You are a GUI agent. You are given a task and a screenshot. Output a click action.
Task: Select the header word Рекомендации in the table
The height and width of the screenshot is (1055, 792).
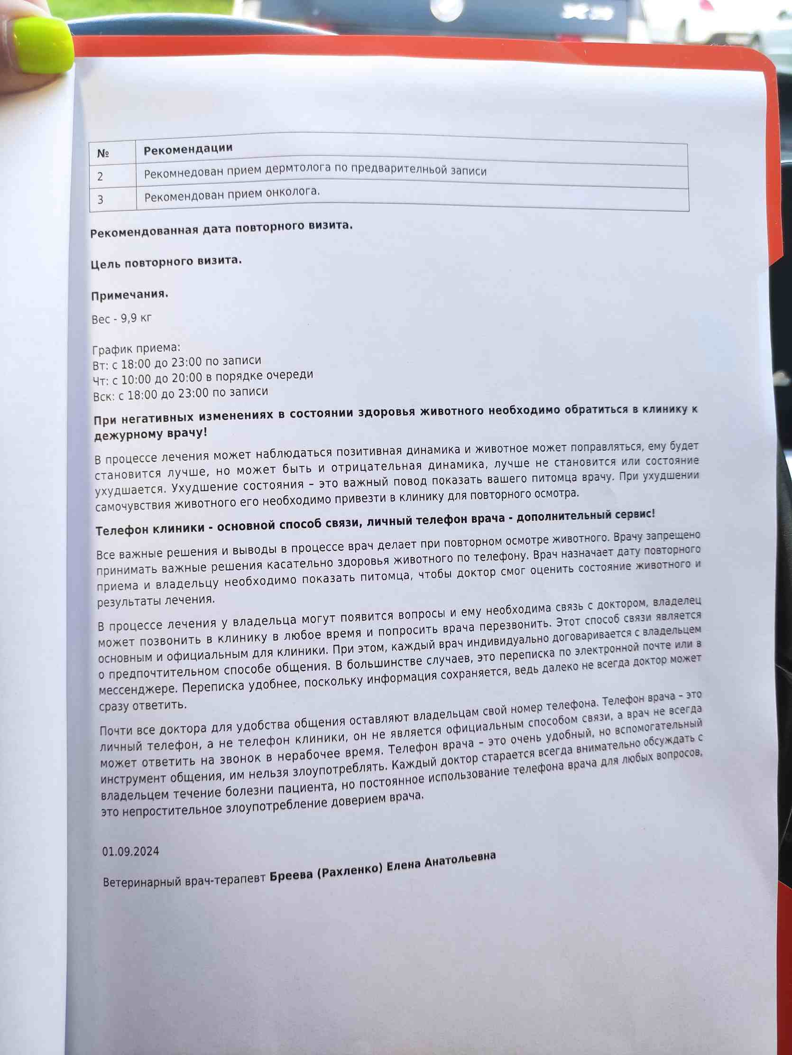[188, 149]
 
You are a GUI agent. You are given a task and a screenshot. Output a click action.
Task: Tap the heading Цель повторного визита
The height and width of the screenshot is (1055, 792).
[166, 262]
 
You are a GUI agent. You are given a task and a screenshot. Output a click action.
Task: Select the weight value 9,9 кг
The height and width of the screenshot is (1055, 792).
[136, 318]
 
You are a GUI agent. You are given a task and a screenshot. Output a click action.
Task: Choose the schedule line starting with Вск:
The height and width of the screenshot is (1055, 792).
[180, 393]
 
